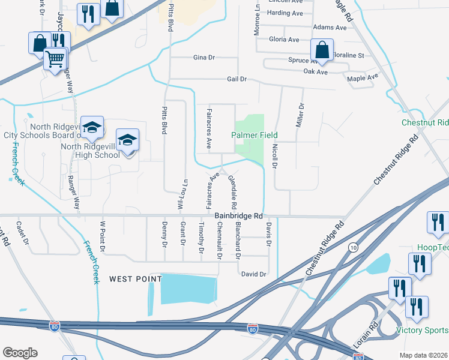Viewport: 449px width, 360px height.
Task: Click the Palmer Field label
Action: point(255,135)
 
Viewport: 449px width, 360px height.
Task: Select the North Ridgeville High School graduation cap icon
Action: point(127,140)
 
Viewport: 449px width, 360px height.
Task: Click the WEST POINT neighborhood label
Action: point(135,279)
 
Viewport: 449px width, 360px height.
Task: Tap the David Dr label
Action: point(253,274)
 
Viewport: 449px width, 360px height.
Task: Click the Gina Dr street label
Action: point(204,58)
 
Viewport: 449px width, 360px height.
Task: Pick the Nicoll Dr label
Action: point(274,154)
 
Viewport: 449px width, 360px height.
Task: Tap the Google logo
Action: point(20,353)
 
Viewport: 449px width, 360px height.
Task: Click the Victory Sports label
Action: point(422,331)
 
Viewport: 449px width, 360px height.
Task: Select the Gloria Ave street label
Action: point(285,40)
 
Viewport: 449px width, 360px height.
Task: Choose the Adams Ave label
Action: point(330,28)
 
